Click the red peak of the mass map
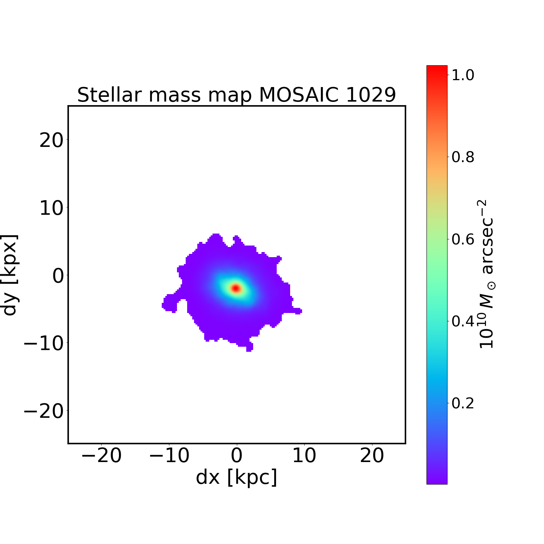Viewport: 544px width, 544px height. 236,288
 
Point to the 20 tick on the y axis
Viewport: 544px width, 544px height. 51,140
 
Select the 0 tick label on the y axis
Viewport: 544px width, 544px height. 58,276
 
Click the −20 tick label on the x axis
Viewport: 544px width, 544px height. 101,456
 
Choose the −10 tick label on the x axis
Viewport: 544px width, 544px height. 169,456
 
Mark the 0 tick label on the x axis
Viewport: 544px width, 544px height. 236,456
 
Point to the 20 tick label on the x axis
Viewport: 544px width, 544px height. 372,456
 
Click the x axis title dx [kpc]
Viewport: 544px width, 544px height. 236,477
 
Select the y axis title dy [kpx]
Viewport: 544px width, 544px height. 10,275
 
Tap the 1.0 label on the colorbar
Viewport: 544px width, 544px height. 463,75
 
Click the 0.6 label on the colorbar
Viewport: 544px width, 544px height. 463,239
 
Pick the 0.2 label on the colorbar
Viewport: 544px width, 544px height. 463,403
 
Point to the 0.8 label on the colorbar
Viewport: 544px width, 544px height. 463,157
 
